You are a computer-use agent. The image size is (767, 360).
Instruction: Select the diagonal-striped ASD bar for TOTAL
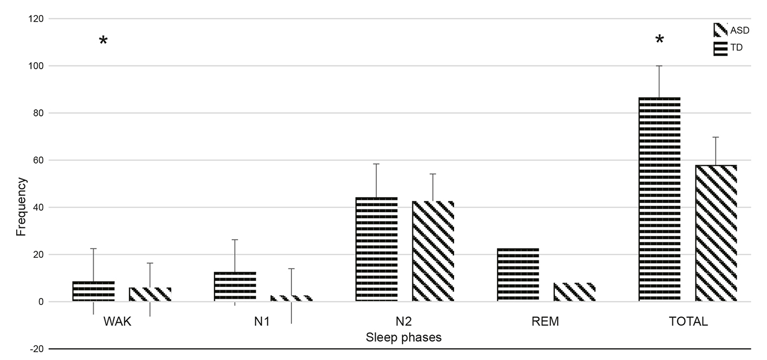point(716,233)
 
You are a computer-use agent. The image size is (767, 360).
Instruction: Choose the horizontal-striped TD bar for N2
point(376,249)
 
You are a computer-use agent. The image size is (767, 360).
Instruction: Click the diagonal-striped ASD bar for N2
point(433,251)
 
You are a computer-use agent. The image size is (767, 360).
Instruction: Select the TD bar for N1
point(235,286)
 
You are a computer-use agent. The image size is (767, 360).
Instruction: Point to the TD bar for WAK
point(94,291)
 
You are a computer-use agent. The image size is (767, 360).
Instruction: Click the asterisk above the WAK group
point(103,41)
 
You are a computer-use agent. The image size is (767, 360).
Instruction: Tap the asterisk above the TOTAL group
point(659,40)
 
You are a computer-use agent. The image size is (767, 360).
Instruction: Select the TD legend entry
point(729,48)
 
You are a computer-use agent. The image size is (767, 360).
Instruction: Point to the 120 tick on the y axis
point(37,19)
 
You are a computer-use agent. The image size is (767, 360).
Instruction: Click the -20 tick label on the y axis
point(37,349)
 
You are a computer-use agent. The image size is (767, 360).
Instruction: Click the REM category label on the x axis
point(546,322)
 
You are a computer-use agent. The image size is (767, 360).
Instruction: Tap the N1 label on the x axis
point(262,322)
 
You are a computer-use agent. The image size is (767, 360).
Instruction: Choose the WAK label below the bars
point(118,322)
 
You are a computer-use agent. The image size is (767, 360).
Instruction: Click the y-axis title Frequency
point(21,208)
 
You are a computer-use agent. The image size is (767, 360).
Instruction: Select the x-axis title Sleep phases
point(404,337)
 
